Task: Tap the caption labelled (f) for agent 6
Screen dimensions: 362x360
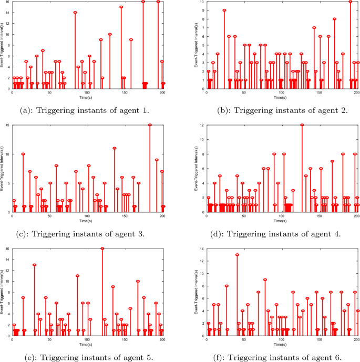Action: point(282,357)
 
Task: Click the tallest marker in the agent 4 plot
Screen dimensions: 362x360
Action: point(302,125)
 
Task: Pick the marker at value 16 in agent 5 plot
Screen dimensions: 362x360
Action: point(102,249)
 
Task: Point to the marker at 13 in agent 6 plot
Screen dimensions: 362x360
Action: point(237,255)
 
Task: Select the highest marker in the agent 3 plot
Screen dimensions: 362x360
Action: point(150,125)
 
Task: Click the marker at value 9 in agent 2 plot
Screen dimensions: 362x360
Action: point(224,10)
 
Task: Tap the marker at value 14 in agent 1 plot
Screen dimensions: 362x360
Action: point(75,12)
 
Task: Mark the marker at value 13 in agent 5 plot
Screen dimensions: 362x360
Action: point(35,265)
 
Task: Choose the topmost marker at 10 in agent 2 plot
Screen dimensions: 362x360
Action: point(351,2)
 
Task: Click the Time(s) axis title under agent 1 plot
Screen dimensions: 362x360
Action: point(87,98)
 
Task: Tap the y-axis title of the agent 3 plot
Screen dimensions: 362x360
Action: point(3,169)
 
